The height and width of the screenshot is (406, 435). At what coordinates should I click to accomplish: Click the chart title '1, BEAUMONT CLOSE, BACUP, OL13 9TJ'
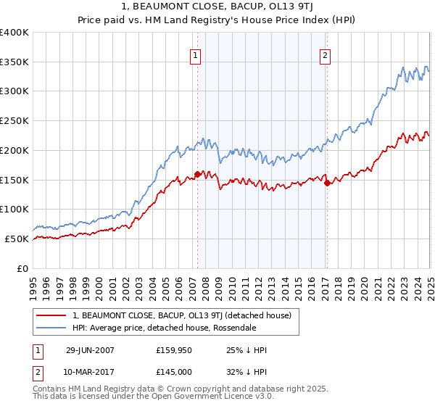click(217, 8)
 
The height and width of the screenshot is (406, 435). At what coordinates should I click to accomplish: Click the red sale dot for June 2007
click(197, 174)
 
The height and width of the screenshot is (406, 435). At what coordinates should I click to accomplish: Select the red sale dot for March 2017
click(326, 183)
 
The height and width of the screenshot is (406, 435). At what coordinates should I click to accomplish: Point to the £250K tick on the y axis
click(14, 121)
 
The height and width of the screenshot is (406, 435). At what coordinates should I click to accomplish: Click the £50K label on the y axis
click(17, 239)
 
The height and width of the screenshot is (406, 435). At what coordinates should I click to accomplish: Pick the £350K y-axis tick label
click(14, 62)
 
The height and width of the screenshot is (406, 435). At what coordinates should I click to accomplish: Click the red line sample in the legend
click(53, 315)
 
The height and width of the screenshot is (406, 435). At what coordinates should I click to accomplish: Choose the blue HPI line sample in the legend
click(53, 328)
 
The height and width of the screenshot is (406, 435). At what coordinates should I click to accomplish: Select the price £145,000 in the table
click(174, 374)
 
